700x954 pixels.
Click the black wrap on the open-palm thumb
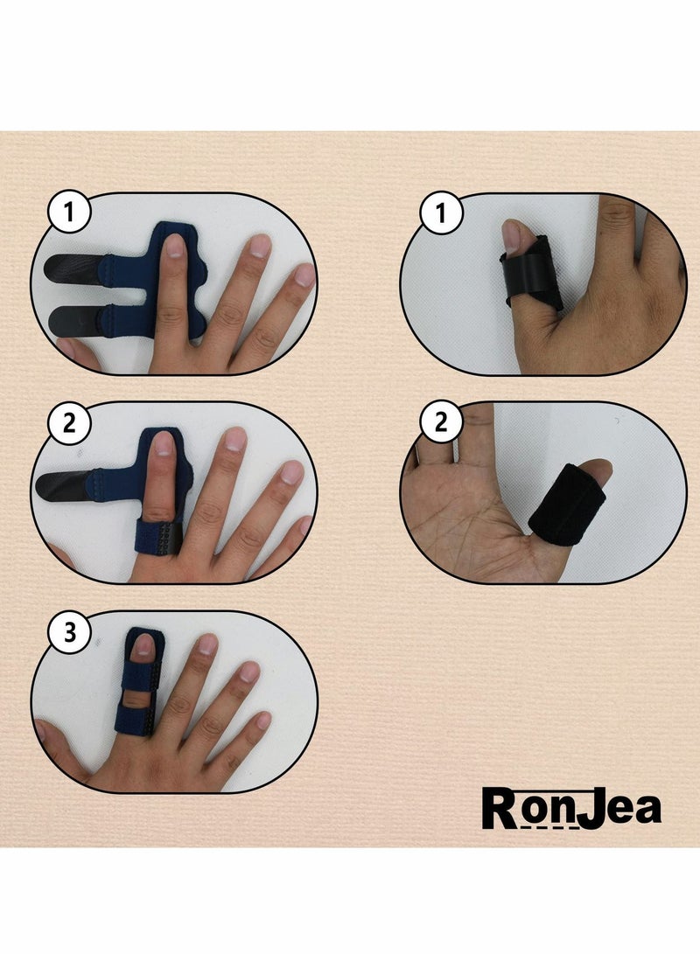click(567, 505)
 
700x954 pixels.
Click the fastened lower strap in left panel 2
click(157, 533)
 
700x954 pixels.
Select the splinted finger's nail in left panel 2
click(164, 444)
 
